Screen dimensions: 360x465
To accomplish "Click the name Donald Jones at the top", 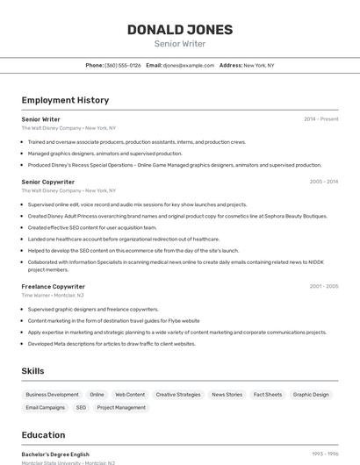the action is point(180,30).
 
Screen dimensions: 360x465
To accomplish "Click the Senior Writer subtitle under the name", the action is point(180,44).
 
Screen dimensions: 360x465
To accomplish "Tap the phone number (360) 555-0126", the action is point(123,65).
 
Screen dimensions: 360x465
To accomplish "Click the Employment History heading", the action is point(65,100).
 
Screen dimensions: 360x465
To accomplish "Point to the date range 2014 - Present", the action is point(320,119).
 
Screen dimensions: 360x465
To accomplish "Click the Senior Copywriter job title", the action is point(47,182).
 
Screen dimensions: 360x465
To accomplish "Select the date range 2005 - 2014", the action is point(323,182).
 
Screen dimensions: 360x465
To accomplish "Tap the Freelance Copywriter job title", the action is point(53,286).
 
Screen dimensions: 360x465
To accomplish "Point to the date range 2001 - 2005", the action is point(323,286).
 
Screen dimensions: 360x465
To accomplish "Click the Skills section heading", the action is point(33,371).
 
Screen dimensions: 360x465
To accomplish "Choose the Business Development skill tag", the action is point(52,395).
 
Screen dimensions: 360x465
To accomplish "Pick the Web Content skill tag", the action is point(130,395).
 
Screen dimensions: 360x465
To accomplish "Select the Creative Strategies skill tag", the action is point(178,395).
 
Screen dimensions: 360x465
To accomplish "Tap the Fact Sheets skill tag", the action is point(268,395).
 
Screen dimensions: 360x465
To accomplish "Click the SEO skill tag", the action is point(81,407).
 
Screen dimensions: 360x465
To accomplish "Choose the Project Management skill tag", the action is point(121,407).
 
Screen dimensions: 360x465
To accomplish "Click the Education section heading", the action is point(43,435).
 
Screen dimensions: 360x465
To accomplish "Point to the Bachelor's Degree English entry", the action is point(55,454).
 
